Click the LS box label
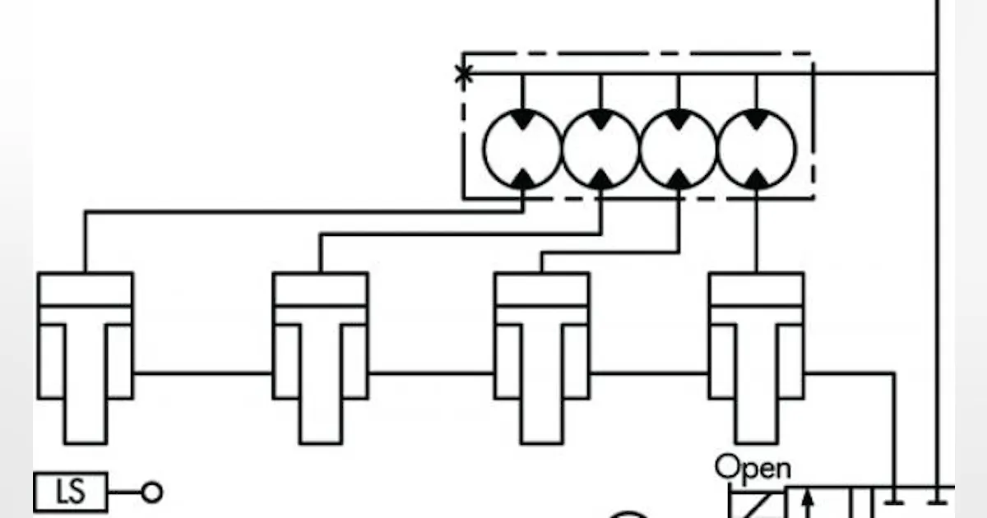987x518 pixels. [x=71, y=492]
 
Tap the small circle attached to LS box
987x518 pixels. [x=152, y=492]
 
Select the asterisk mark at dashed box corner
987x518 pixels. [x=464, y=74]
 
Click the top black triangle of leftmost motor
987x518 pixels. [x=522, y=118]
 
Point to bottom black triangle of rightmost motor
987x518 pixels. [x=757, y=179]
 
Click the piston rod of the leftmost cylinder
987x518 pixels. [x=86, y=383]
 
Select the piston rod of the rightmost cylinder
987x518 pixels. [x=757, y=383]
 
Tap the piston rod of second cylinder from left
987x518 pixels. [x=321, y=383]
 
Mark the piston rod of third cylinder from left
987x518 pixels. [x=542, y=383]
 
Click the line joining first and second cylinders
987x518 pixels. [x=203, y=373]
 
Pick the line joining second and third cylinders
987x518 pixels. [x=431, y=373]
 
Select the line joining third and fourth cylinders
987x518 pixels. [x=650, y=373]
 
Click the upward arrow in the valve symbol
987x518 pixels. [x=807, y=503]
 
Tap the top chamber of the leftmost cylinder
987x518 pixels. [x=86, y=289]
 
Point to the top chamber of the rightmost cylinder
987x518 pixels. [x=757, y=289]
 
